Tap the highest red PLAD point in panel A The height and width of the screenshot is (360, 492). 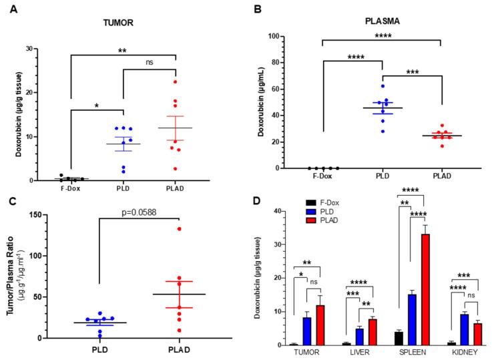[176, 82]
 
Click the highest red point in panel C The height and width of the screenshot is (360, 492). [179, 229]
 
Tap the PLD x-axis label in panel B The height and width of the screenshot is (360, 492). [382, 178]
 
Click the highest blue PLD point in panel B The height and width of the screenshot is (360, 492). [383, 86]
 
